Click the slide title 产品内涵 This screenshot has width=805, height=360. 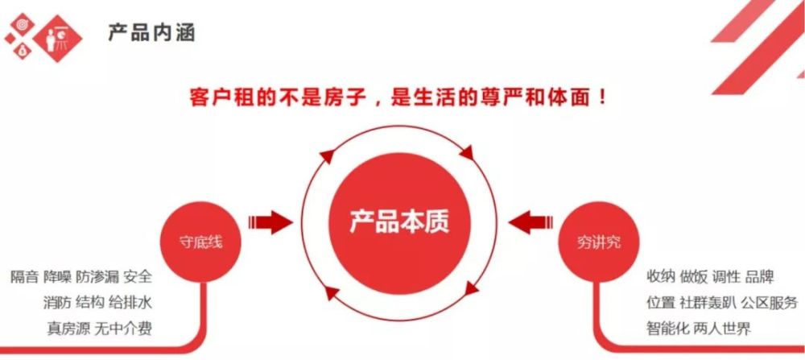coord(151,33)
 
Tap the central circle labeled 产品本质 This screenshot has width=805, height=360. coord(399,223)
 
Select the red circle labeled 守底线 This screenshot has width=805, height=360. coord(200,242)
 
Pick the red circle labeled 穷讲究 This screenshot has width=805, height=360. coord(599,242)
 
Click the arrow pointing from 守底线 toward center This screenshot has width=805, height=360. coord(270,222)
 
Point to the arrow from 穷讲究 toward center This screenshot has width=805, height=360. coord(530,222)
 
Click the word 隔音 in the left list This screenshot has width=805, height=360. coord(25,277)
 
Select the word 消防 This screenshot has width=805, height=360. coord(57,303)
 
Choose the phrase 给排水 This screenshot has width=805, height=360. coord(130,303)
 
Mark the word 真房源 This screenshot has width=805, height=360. coord(68,328)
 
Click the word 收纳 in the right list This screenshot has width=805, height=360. coord(661,277)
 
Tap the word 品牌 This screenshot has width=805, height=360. coord(759,277)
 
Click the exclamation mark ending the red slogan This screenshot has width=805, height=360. coord(602,97)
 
